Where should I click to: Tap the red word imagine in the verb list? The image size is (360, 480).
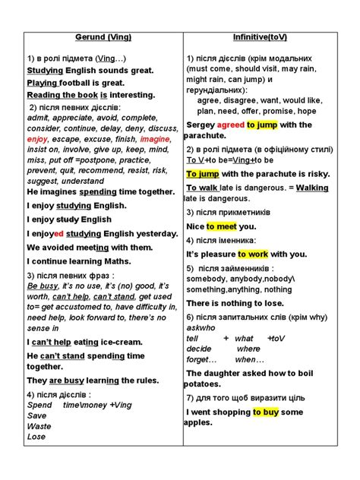pos(155,139)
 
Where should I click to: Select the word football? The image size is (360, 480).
pos(80,82)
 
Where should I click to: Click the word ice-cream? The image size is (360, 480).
pos(124,343)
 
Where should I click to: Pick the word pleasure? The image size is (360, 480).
pos(221,254)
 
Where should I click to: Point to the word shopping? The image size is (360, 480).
pos(225,412)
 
